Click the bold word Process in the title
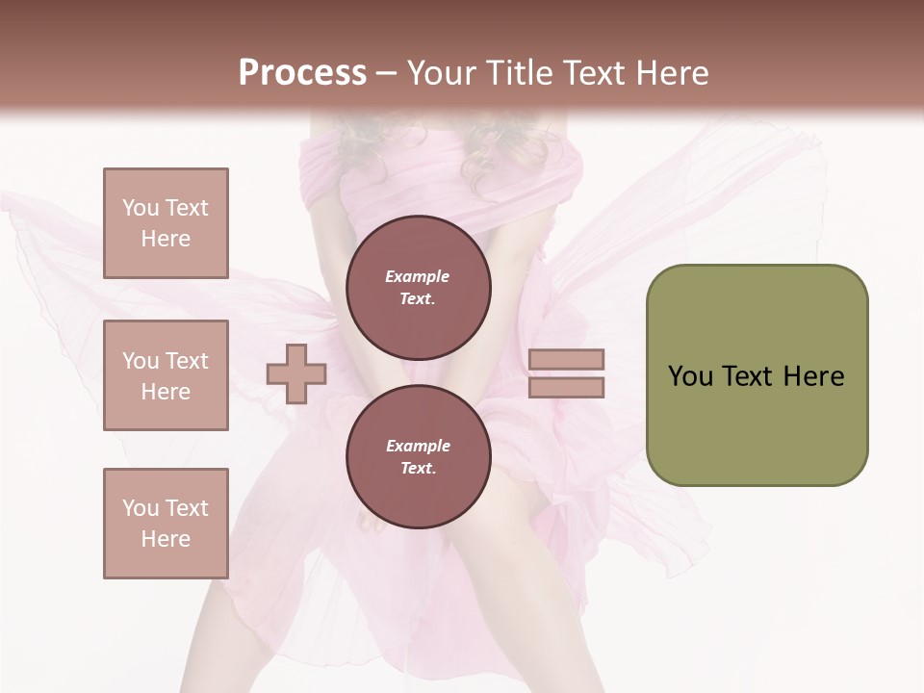302,73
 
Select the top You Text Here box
166,223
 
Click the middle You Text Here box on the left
166,375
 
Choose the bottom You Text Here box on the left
166,524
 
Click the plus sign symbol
296,373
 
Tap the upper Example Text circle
418,287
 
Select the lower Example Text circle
418,456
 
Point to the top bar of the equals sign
566,359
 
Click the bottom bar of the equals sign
566,387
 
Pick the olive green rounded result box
757,374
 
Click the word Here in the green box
812,376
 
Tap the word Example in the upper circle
418,276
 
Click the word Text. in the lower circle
418,469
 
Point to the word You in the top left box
140,208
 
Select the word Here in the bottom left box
166,539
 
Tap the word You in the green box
689,376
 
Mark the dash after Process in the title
386,73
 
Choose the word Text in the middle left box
186,361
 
